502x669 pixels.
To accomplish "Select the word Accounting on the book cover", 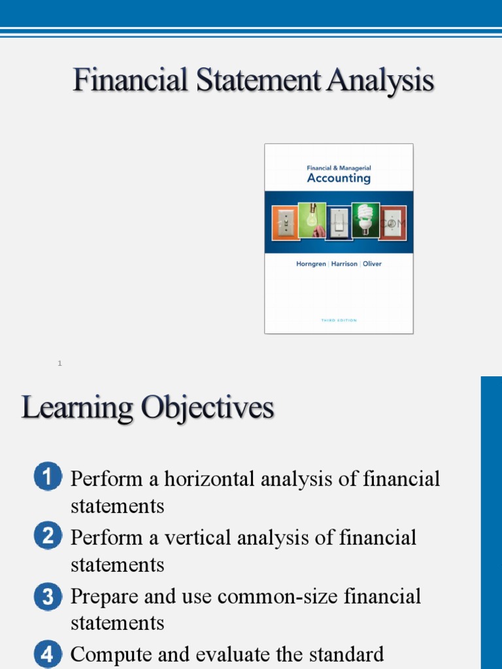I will click(x=339, y=178).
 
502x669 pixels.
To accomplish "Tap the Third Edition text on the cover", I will click(x=339, y=320).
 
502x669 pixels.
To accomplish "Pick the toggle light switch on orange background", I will click(x=284, y=223).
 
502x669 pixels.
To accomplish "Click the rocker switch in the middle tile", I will click(x=338, y=223).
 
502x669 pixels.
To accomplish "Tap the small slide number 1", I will click(x=59, y=363).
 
